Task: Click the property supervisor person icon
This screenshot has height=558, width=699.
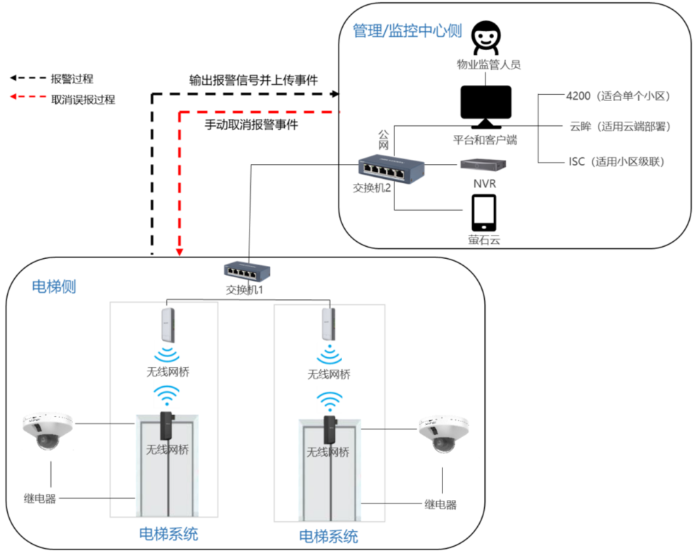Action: [486, 37]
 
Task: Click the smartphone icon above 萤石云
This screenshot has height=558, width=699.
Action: [483, 212]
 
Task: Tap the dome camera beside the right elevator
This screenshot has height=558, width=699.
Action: [443, 431]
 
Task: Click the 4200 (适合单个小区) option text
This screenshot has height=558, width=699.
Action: [616, 95]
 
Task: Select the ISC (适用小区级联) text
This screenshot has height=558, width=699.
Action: [616, 161]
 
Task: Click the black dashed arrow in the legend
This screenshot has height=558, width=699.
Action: [25, 79]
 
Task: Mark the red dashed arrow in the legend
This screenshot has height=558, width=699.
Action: [25, 99]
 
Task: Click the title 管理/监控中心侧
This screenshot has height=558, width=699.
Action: [407, 31]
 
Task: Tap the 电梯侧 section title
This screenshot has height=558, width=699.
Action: [54, 286]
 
